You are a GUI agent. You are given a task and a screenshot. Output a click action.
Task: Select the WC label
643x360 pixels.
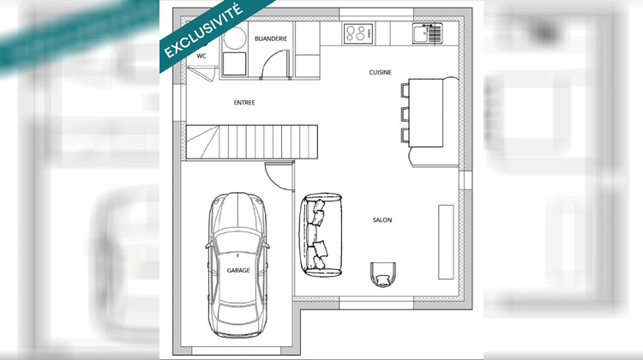pyautogui.click(x=202, y=56)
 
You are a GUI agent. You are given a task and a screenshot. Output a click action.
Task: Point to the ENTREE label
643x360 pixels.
pyautogui.click(x=244, y=103)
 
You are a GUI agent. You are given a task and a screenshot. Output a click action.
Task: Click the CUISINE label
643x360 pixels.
pyautogui.click(x=381, y=72)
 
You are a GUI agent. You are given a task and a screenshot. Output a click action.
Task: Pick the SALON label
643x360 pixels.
pyautogui.click(x=382, y=220)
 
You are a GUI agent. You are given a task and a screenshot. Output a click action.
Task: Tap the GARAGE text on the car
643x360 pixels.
pyautogui.click(x=238, y=270)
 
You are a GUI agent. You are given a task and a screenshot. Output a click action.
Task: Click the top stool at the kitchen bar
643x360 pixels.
pyautogui.click(x=406, y=87)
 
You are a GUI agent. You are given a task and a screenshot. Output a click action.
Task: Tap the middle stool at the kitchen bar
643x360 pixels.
pyautogui.click(x=406, y=111)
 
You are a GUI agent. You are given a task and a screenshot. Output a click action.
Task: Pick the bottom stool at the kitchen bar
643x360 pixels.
pyautogui.click(x=406, y=135)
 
